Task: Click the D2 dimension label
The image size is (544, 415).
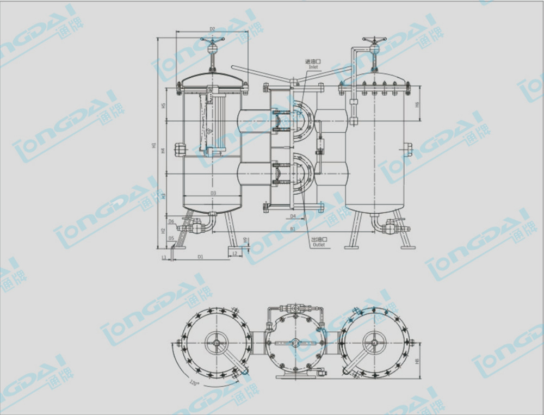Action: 213,29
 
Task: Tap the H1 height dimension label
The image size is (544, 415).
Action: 154,146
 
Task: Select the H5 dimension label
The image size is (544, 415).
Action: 163,106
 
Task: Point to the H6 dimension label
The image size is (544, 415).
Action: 417,104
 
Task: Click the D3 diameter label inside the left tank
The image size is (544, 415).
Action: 213,193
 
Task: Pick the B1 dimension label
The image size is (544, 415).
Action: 292,229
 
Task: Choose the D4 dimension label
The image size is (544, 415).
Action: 293,216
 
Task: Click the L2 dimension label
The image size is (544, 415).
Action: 235,253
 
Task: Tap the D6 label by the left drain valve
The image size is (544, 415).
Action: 171,221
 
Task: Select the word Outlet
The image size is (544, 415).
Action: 318,245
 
